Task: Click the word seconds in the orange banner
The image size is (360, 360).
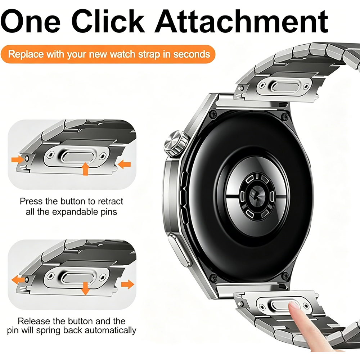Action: pyautogui.click(x=192, y=54)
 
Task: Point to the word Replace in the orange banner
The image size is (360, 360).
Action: pyautogui.click(x=26, y=55)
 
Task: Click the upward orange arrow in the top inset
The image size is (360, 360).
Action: pyautogui.click(x=85, y=168)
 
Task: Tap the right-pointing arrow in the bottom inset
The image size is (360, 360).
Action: pyautogui.click(x=127, y=284)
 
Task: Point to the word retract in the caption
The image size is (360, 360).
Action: pyautogui.click(x=111, y=201)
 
